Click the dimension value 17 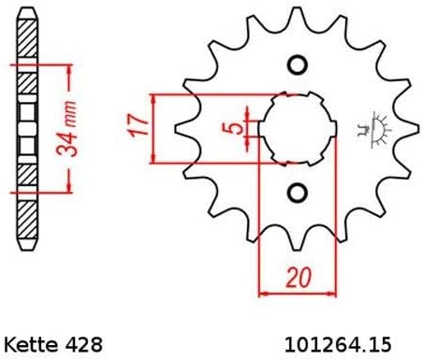pyautogui.click(x=139, y=125)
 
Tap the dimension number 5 pyautogui.click(x=232, y=128)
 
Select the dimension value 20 pyautogui.click(x=299, y=277)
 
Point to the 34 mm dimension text pyautogui.click(x=66, y=128)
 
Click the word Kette pyautogui.click(x=31, y=345)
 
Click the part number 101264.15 pyautogui.click(x=338, y=345)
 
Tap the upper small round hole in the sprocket pyautogui.click(x=297, y=65)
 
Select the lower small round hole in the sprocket pyautogui.click(x=297, y=194)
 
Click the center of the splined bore pyautogui.click(x=298, y=128)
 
